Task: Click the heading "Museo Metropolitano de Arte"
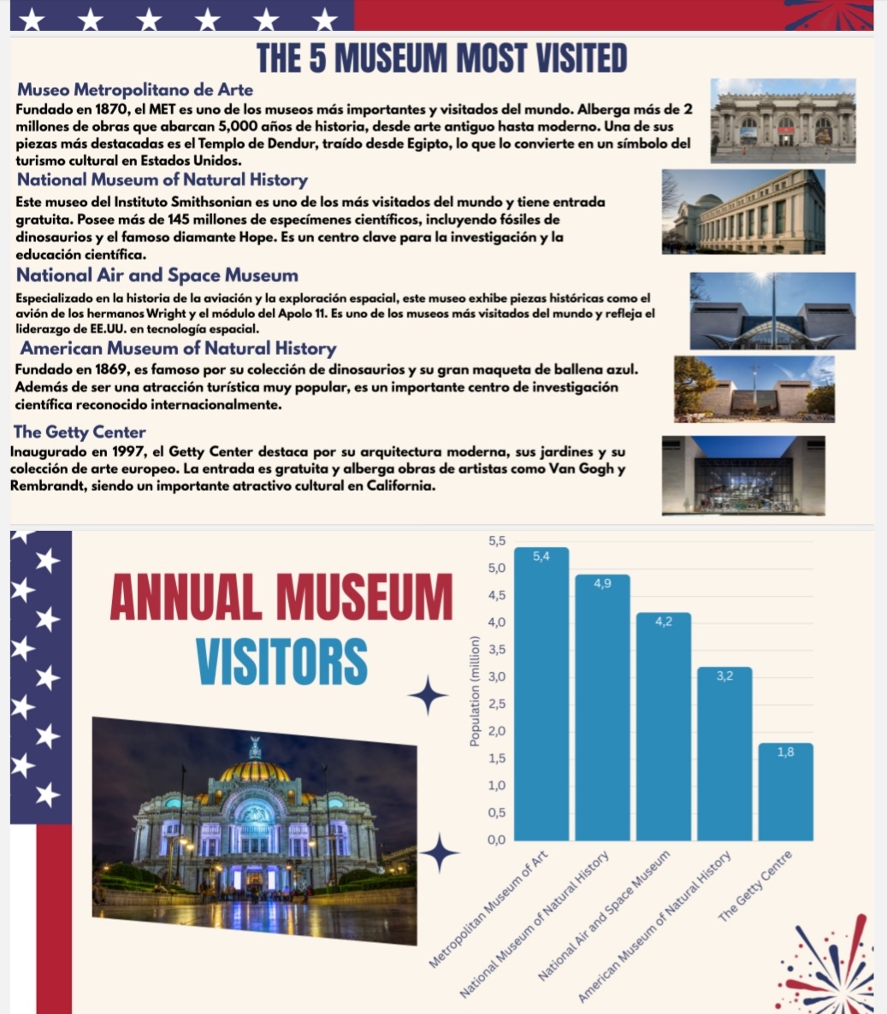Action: click(x=135, y=90)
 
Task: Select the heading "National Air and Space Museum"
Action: click(x=157, y=275)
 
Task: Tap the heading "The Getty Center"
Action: click(x=80, y=432)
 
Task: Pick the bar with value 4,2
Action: click(x=663, y=727)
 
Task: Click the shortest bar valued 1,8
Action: click(x=785, y=792)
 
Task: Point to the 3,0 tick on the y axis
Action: click(x=496, y=676)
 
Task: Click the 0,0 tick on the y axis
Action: click(x=496, y=840)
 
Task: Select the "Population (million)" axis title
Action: click(x=472, y=692)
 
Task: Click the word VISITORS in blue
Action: click(x=281, y=661)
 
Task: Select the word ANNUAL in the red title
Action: click(x=185, y=597)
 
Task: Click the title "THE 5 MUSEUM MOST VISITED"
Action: click(x=441, y=58)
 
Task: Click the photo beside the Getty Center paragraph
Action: click(x=742, y=475)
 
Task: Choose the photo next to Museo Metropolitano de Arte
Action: click(x=783, y=121)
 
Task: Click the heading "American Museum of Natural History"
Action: click(x=178, y=348)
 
